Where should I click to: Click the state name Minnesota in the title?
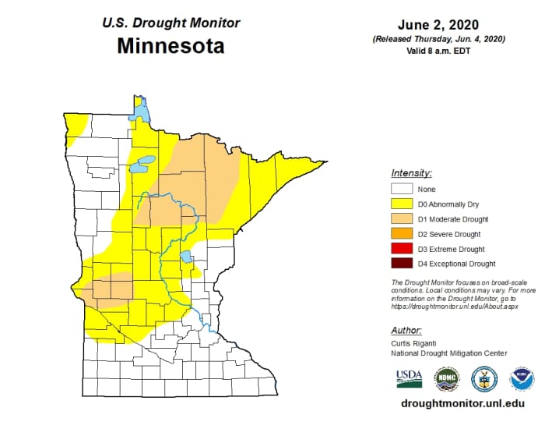pyautogui.click(x=171, y=46)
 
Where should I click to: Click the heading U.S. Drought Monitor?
pyautogui.click(x=170, y=22)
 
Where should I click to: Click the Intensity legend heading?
pyautogui.click(x=411, y=172)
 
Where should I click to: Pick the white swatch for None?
pyautogui.click(x=401, y=190)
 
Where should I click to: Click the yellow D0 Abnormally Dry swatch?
pyautogui.click(x=401, y=204)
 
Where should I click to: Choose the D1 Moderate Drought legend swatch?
pyautogui.click(x=401, y=219)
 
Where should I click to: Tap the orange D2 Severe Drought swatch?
pyautogui.click(x=401, y=234)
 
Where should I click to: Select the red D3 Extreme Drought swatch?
pyautogui.click(x=401, y=249)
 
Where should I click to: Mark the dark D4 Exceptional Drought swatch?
pyautogui.click(x=401, y=264)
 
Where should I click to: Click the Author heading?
pyautogui.click(x=406, y=330)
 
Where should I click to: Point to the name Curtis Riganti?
pyautogui.click(x=416, y=343)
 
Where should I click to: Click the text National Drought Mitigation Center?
pyautogui.click(x=449, y=353)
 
